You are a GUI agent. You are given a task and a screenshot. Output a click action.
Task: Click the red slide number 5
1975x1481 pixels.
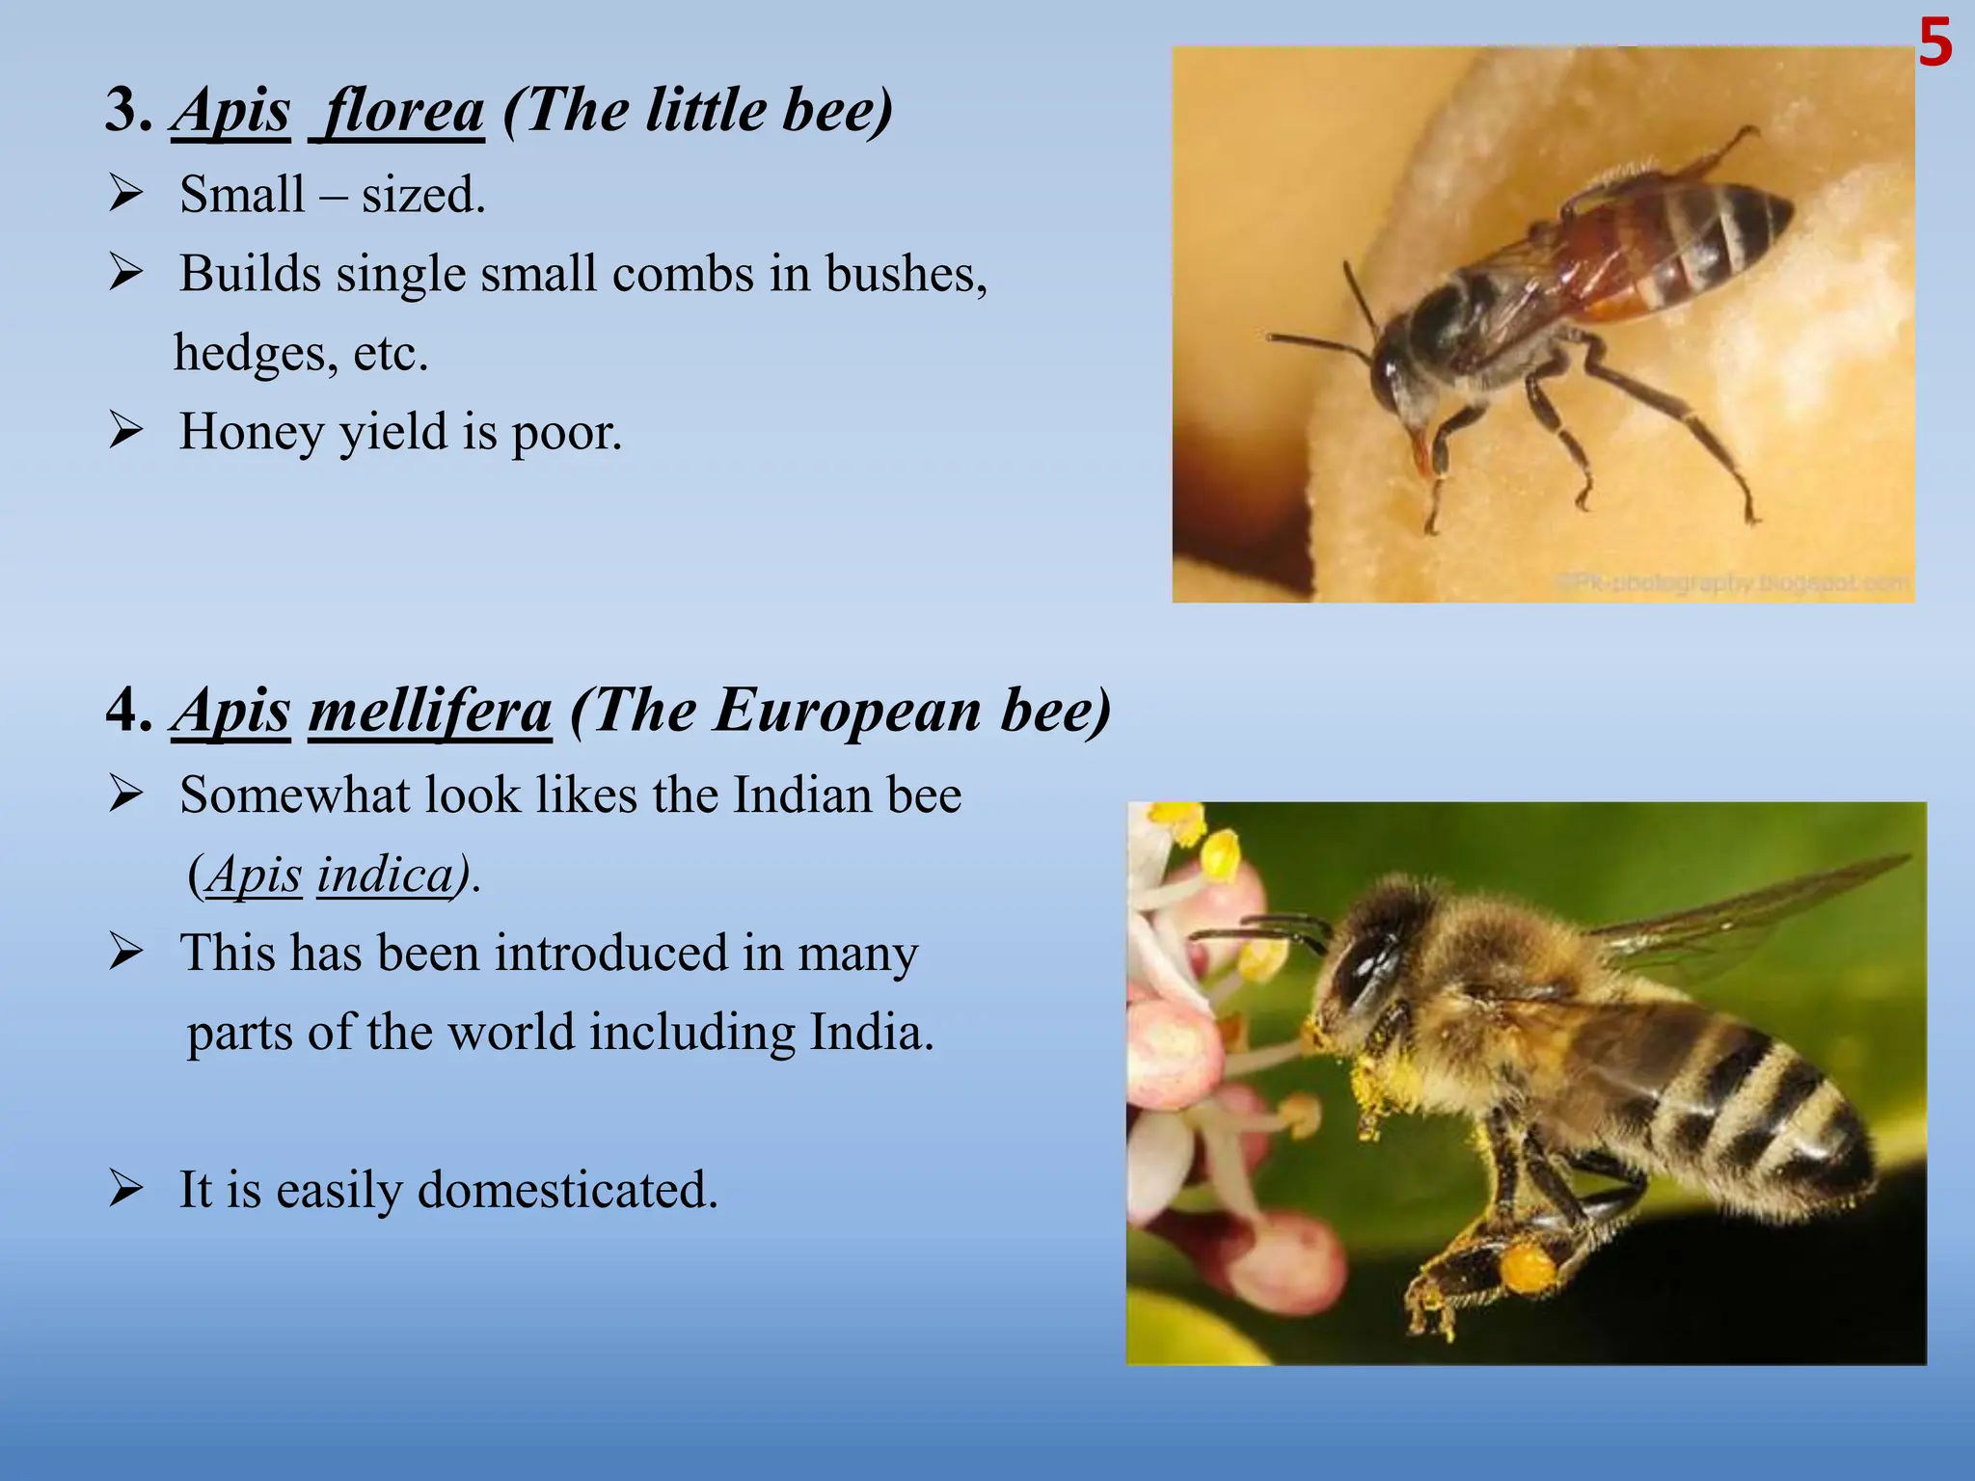1934,44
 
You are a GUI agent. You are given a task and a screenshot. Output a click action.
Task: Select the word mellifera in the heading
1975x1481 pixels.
430,712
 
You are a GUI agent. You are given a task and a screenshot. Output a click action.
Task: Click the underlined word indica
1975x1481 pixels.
385,875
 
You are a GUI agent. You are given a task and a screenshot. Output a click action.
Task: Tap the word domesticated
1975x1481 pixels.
568,1190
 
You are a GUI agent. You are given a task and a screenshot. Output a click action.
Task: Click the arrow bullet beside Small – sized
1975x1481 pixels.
126,194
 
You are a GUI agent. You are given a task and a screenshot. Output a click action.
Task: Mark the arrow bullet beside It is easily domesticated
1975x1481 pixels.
126,1189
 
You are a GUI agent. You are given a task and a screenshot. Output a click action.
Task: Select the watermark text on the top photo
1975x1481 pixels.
1732,582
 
